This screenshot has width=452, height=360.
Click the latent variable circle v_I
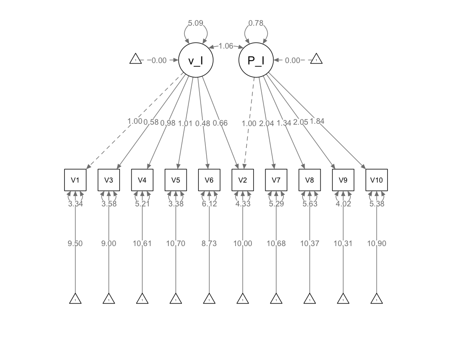pos(196,60)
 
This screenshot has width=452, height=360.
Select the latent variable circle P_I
pos(256,60)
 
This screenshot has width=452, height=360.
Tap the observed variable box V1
pos(76,180)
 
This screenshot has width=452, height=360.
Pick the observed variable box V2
pos(243,180)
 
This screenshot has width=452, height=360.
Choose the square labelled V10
pos(376,180)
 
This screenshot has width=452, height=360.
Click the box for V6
pos(209,180)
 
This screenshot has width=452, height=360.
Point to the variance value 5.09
pos(196,23)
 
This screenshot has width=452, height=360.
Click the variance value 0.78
pos(256,23)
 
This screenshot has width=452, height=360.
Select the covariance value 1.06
pos(226,46)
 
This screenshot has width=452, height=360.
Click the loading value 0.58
pos(151,122)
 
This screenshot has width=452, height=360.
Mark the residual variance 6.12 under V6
pos(209,204)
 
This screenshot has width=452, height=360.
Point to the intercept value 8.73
pos(209,243)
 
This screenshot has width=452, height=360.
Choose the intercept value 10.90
pos(376,243)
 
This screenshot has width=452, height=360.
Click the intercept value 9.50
pos(76,243)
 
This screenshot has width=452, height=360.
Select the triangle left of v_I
pos(136,60)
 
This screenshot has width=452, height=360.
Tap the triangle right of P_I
pos(316,60)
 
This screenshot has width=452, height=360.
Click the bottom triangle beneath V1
pos(76,299)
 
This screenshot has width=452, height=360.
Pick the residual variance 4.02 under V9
pos(343,204)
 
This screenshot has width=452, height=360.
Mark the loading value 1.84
pos(317,121)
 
